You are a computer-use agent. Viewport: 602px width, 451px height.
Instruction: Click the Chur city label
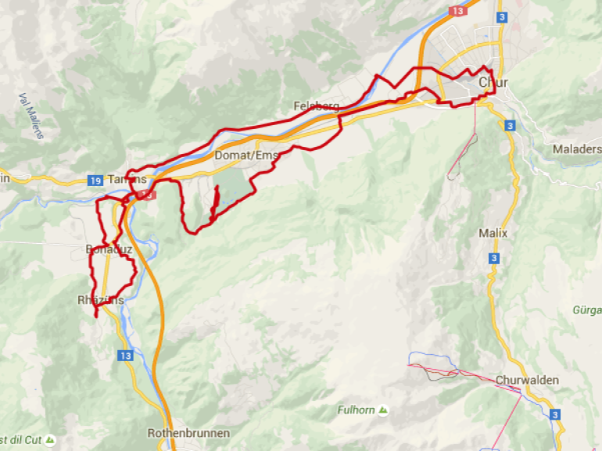493,82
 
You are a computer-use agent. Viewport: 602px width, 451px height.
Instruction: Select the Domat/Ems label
246,155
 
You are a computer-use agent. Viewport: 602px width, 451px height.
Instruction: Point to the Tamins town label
127,179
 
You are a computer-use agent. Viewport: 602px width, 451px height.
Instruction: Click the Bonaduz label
107,250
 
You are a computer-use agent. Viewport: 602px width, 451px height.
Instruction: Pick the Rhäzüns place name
101,299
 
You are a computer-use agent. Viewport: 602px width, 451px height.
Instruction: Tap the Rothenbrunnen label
188,433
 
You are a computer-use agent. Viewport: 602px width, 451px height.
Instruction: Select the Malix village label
493,233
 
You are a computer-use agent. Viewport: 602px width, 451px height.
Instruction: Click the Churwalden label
527,381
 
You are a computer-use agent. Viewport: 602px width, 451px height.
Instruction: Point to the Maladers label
577,149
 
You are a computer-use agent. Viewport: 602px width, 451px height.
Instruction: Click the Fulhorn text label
356,410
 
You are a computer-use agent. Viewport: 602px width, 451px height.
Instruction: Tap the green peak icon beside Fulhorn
382,410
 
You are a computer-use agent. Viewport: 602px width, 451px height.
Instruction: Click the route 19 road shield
95,181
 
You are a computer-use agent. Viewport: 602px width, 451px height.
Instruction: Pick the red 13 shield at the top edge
458,11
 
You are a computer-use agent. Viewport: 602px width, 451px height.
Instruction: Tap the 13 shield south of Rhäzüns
126,355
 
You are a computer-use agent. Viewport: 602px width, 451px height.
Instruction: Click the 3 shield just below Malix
494,257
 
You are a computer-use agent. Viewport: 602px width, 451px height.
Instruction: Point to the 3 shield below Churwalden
555,414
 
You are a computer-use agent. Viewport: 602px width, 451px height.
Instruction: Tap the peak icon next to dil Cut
50,440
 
